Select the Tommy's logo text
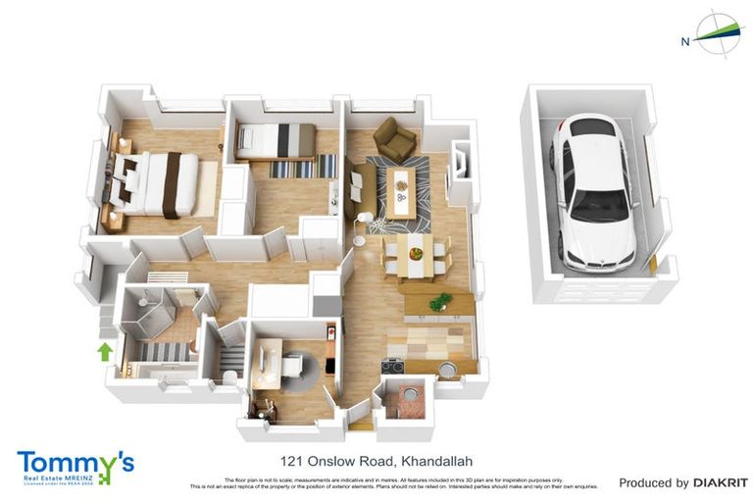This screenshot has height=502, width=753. pyautogui.click(x=75, y=461)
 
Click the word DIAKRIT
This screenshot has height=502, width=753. pyautogui.click(x=721, y=482)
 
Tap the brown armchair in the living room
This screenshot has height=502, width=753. pyautogui.click(x=395, y=140)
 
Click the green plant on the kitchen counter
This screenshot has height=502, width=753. pyautogui.click(x=440, y=301)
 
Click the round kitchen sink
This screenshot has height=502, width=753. pyautogui.click(x=446, y=369)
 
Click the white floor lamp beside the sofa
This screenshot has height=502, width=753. pyautogui.click(x=362, y=218)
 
